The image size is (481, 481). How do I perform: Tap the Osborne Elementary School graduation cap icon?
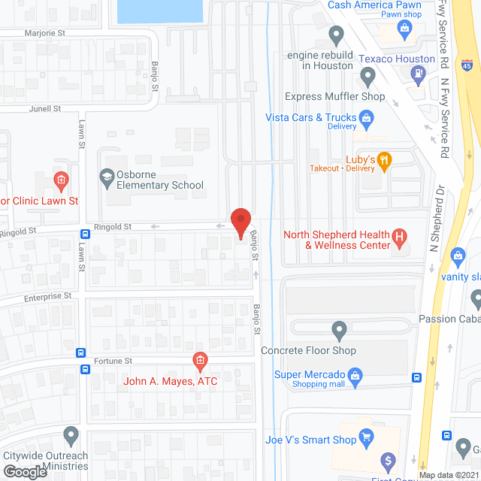107,178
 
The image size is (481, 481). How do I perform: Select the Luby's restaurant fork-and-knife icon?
385,159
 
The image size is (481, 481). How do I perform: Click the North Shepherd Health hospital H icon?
400,239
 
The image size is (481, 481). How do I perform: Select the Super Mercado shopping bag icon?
357,374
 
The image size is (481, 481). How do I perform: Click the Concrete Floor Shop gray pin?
339,329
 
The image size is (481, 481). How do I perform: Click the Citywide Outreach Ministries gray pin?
71,435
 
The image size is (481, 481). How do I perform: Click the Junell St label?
44,108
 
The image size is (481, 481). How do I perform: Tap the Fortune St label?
113,362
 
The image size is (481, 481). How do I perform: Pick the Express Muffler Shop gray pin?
368,76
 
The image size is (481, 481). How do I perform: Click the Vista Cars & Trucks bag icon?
366,117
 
